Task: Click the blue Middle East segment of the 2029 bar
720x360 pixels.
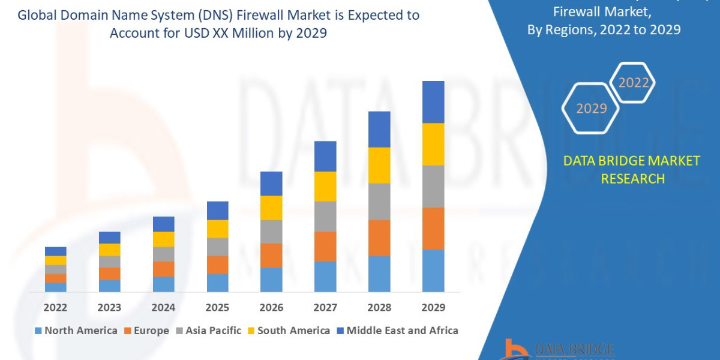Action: [x=433, y=102]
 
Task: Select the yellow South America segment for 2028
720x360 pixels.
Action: [x=379, y=165]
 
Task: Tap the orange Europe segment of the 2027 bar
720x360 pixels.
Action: [x=325, y=246]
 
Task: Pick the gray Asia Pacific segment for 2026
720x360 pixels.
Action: [x=271, y=231]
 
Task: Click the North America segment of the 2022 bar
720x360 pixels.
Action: [x=56, y=287]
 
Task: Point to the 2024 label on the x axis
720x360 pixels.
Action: [x=163, y=307]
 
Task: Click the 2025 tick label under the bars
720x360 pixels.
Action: [x=217, y=307]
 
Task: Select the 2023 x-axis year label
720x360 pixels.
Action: [x=109, y=307]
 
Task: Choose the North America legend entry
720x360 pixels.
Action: [x=76, y=331]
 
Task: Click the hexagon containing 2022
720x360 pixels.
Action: [x=633, y=83]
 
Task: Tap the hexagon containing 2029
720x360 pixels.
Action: [x=592, y=109]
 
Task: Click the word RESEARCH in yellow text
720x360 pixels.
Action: [x=632, y=178]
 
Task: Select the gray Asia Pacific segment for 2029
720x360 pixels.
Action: [x=433, y=186]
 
